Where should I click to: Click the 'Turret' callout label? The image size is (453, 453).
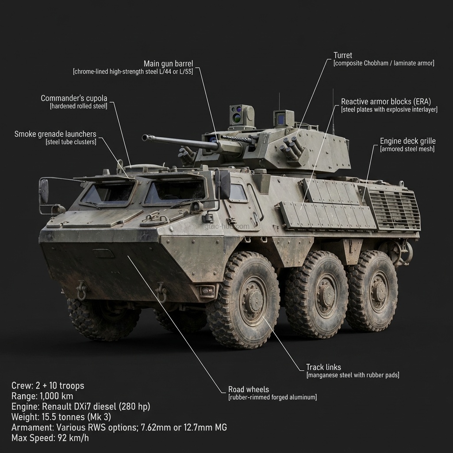[x=343, y=55]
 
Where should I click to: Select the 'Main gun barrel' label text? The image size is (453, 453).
[x=168, y=64]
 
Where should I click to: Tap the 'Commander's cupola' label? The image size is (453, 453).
[x=74, y=98]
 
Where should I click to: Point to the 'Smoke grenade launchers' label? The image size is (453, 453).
[x=55, y=134]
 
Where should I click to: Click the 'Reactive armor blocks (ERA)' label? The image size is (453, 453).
[x=386, y=102]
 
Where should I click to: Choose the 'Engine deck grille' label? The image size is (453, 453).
[x=407, y=141]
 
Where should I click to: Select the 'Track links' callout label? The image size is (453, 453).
[x=323, y=367]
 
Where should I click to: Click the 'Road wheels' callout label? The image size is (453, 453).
[x=249, y=389]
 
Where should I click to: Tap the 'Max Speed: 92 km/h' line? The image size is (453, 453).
[x=50, y=438]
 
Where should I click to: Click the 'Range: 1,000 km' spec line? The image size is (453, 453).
[x=42, y=396]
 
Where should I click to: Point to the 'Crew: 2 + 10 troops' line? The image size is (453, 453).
[x=48, y=386]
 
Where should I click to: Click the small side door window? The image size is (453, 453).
[x=238, y=193]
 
